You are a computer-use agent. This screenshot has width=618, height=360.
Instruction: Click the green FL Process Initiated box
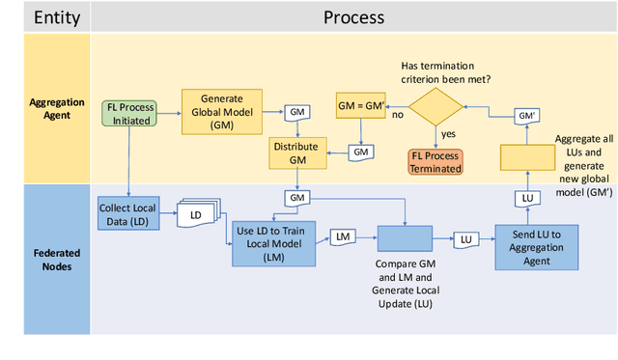coord(128,114)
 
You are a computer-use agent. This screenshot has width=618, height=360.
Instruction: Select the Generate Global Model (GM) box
coord(221,111)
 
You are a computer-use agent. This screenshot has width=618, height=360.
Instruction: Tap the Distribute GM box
coord(297,152)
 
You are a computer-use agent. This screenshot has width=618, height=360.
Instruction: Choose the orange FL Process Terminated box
coord(435,161)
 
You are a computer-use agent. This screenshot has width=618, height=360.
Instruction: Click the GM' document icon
coord(525,115)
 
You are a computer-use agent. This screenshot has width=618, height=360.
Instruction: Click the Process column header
coord(353,17)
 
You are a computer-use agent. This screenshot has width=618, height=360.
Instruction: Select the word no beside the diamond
coord(397,114)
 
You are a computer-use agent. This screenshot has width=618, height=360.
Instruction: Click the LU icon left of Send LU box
coord(466,237)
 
